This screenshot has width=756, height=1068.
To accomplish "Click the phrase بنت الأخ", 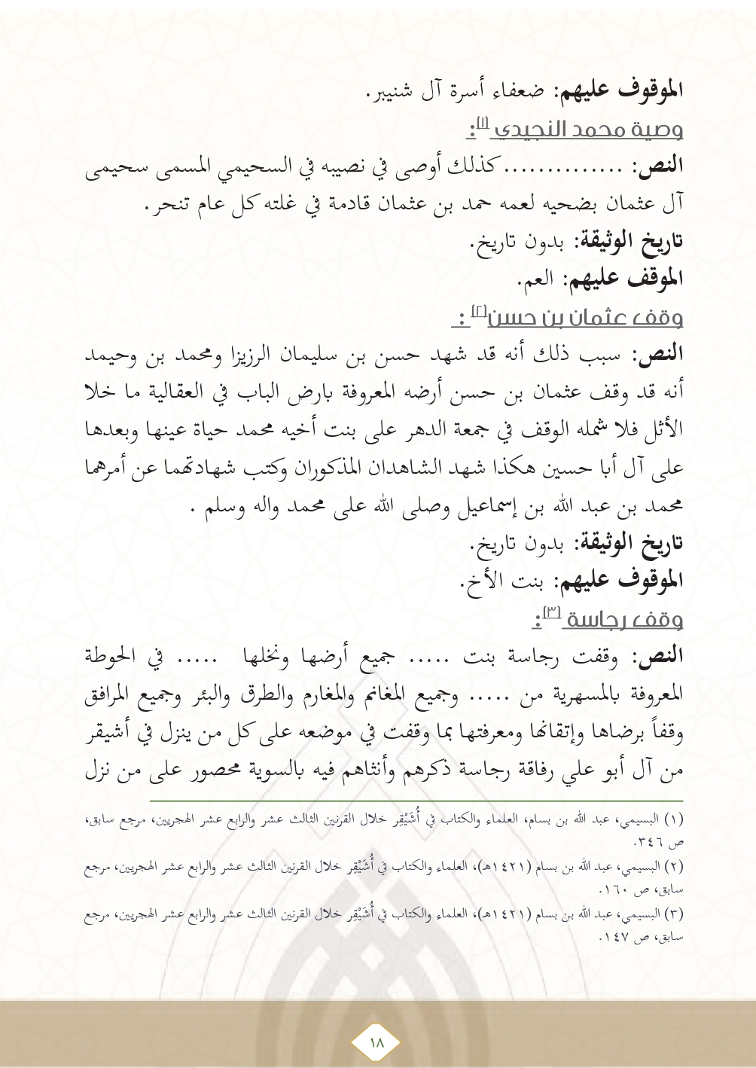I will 505,581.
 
